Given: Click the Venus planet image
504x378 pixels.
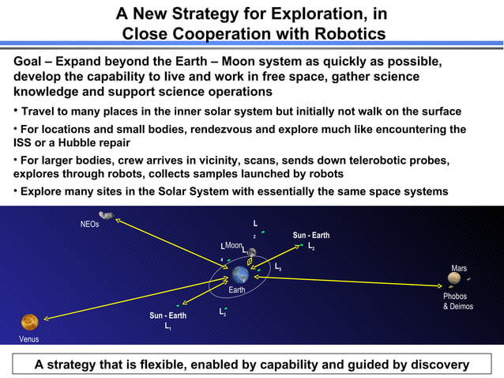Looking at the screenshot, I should pos(29,322).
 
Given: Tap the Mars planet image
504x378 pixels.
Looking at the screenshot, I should pos(454,278).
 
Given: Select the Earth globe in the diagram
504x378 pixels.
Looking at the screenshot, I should pos(240,274).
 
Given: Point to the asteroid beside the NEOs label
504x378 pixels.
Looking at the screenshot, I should pos(106,215).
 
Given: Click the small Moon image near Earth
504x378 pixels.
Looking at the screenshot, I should pos(251,253).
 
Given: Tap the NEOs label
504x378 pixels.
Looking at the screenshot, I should pos(90,225).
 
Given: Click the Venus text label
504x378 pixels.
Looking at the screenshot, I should pos(28,339).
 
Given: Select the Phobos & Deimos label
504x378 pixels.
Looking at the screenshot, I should pos(458,301).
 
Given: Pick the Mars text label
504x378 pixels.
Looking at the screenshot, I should pos(459,269).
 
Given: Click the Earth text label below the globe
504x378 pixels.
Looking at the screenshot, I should pos(237,290).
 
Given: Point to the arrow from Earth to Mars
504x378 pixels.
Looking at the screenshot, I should pos(348,281).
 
